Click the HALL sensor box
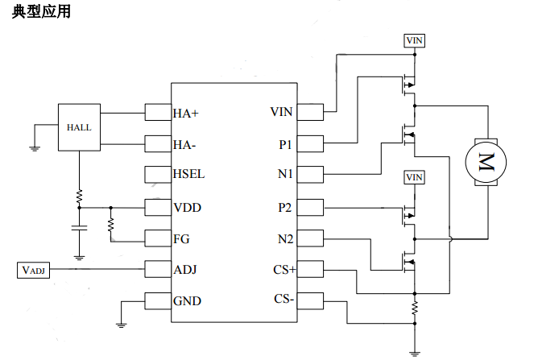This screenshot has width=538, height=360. click(79, 127)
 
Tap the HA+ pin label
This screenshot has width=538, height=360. click(186, 114)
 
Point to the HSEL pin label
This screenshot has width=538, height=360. click(188, 174)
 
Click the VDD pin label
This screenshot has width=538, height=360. click(187, 208)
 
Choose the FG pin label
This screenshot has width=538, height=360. click(181, 238)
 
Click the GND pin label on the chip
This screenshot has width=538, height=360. click(187, 301)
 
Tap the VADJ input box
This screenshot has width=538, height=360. click(34, 270)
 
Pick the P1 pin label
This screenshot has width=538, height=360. click(285, 145)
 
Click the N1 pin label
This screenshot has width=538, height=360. click(285, 174)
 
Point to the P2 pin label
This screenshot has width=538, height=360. click(284, 208)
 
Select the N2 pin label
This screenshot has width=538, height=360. click(285, 238)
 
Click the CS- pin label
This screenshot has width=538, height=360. click(283, 300)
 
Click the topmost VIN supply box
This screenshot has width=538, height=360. click(414, 39)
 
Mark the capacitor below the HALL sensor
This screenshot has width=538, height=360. click(79, 228)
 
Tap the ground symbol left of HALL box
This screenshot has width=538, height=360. click(35, 147)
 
